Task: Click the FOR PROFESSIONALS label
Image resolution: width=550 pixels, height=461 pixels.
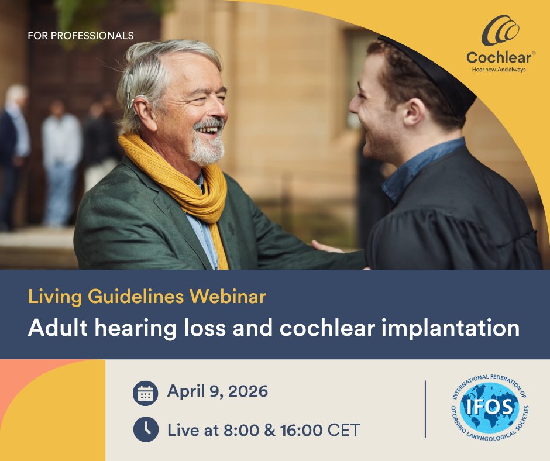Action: (81, 36)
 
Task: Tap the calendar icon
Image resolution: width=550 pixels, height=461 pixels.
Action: (146, 393)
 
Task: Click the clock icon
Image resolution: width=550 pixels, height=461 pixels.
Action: (146, 429)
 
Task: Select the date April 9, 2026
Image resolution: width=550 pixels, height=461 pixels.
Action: (218, 391)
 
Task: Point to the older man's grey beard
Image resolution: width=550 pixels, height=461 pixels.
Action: (207, 149)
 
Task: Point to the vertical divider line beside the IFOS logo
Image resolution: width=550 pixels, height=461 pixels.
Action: (425, 409)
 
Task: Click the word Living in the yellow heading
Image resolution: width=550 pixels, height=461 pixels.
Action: (55, 297)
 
